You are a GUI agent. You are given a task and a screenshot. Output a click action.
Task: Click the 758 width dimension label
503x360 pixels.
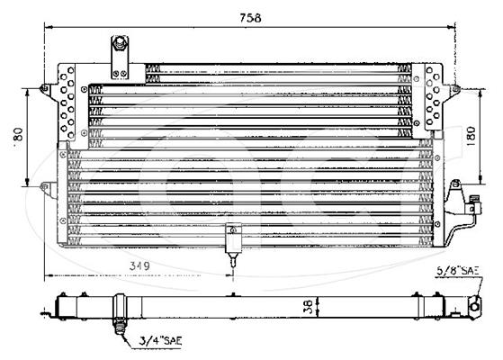(250, 18)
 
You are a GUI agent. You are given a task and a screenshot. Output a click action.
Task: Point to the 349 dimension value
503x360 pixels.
(139, 265)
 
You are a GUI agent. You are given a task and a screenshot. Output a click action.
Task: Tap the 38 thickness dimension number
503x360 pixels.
(308, 306)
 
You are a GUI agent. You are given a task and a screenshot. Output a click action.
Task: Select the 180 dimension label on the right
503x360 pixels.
(471, 137)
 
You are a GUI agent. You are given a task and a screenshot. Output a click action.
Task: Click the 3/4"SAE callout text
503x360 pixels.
(160, 340)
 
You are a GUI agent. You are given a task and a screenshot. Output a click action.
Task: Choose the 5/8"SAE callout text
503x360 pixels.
(457, 271)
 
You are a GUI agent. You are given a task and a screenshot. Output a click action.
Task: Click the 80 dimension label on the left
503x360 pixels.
(19, 134)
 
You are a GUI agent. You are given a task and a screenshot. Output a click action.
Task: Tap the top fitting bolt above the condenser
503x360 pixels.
(120, 43)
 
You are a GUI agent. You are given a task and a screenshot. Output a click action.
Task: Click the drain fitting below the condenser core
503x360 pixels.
(233, 243)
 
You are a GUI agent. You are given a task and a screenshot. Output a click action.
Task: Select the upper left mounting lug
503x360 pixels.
(44, 89)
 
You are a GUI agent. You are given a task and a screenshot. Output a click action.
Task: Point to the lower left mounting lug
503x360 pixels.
(45, 186)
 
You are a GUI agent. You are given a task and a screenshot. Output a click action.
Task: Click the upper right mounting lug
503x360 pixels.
(455, 88)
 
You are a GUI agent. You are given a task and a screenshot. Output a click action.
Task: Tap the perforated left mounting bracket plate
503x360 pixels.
(67, 103)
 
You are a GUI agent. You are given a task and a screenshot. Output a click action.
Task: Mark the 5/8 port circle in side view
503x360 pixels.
(475, 307)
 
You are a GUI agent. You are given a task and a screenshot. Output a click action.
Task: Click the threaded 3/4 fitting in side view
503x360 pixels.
(120, 326)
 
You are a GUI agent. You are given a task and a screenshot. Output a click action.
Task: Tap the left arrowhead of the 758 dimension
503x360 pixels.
(48, 27)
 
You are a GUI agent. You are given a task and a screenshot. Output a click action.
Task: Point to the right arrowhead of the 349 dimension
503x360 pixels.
(229, 275)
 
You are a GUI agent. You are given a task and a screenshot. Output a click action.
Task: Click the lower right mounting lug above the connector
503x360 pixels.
(455, 185)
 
